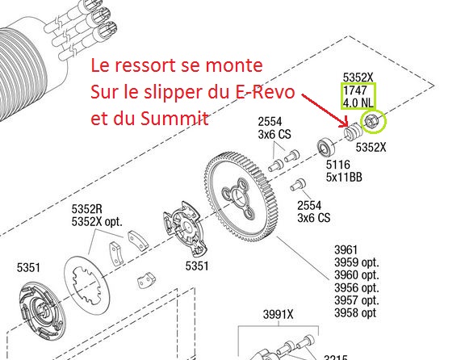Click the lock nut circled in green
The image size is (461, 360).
point(370,121)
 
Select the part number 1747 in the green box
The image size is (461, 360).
point(355,90)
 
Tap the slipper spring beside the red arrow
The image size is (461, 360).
point(353,131)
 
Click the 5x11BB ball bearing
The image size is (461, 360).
point(326,147)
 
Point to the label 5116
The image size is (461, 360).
point(338,165)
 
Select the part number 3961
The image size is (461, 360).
point(346,250)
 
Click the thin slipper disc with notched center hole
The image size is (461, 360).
point(87,284)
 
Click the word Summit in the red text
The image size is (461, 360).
point(174,119)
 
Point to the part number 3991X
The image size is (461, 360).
point(278,315)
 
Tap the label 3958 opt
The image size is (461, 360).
point(355,313)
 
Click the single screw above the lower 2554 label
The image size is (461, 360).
point(298,185)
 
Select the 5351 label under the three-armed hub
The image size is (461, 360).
point(197,266)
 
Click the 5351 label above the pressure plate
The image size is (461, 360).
point(28,267)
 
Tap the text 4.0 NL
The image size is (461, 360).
point(358,103)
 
